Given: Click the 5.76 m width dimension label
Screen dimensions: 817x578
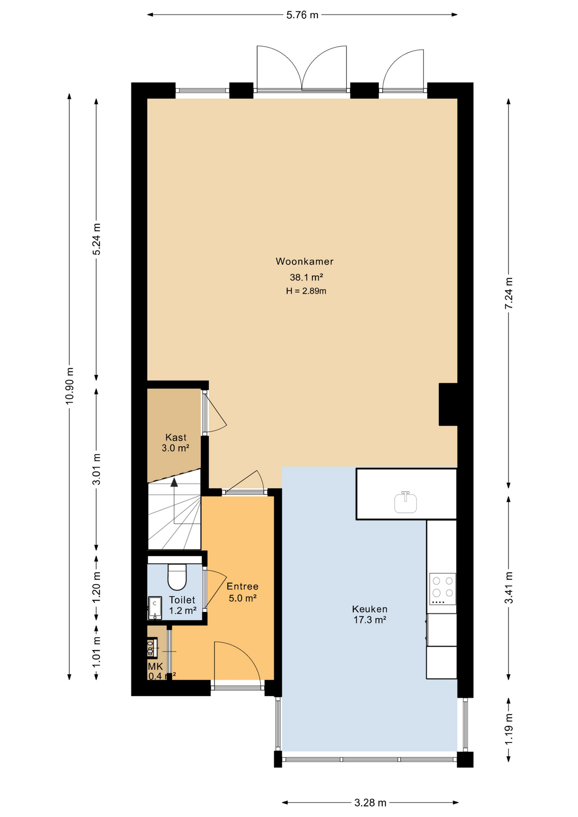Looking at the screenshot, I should coord(302,15).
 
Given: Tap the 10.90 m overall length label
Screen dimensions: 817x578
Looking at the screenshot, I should coord(70,385).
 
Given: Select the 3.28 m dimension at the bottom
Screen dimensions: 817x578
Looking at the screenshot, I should coord(370,803).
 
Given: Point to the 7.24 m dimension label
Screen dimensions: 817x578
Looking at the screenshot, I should coord(509,294).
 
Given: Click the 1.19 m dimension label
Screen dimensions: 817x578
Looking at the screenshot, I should coord(509,729).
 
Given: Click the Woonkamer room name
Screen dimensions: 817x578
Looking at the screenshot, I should coord(304,261).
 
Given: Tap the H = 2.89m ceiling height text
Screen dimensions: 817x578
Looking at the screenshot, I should coord(306,291).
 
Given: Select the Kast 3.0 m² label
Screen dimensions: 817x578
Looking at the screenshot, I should coord(175,443).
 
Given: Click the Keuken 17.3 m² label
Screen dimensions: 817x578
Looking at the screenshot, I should coord(369,614).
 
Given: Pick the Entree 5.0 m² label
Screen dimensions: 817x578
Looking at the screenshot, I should coord(242,592).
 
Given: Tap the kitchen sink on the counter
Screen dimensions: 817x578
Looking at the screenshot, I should coord(405,502).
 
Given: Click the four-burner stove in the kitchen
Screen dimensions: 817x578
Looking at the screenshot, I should coord(442,589).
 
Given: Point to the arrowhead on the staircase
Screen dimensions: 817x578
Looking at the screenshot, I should coord(174,482).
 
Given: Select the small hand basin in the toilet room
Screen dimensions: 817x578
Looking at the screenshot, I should coord(155,608).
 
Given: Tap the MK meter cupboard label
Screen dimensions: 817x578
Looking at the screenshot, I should coord(155,666).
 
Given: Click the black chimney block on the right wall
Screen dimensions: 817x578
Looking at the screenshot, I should coord(448,404).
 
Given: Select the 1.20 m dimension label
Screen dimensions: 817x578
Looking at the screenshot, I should coord(97,587).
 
